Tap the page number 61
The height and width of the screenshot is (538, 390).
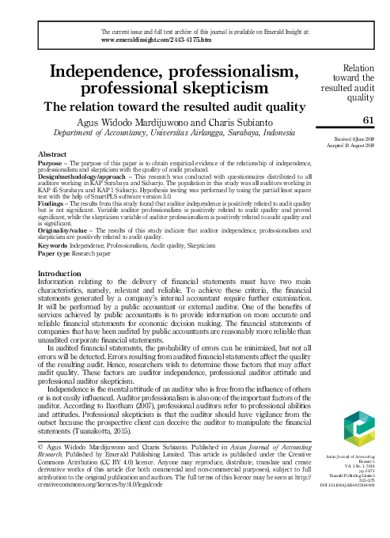(367, 119)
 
